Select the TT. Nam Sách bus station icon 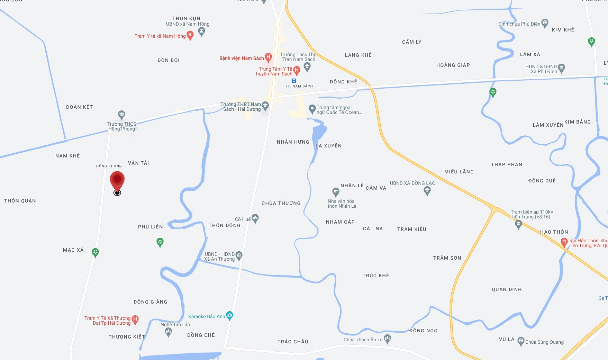click(x=294, y=81)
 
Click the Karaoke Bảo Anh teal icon click(x=229, y=315)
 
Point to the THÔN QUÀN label click(x=20, y=201)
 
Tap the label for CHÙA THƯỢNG click(x=281, y=203)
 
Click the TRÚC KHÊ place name click(x=376, y=276)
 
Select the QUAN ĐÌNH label click(x=507, y=289)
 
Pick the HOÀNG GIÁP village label click(x=453, y=65)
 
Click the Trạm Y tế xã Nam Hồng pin click(x=190, y=35)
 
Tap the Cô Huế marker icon click(x=255, y=218)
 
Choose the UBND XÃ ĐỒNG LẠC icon click(x=427, y=190)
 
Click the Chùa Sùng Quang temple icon click(x=521, y=341)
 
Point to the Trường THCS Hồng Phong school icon click(x=121, y=115)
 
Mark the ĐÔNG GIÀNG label click(x=151, y=302)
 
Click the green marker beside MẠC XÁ click(x=96, y=252)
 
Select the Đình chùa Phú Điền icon click(x=545, y=23)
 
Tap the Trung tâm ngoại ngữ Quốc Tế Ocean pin click(x=312, y=109)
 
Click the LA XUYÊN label click(x=328, y=146)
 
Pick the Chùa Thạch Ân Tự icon click(x=387, y=339)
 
